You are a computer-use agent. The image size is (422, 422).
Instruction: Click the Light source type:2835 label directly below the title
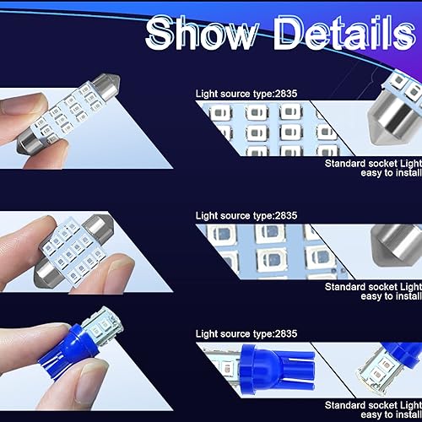(246, 94)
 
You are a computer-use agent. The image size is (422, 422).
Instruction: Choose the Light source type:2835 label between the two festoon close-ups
(246, 215)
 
